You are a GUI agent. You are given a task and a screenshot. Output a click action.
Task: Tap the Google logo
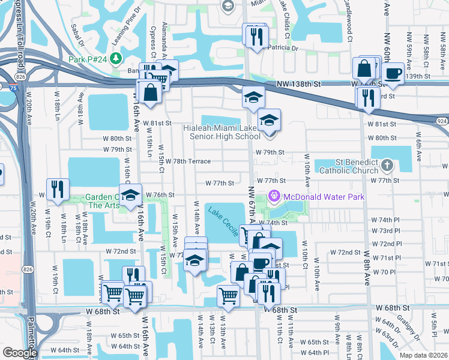20,353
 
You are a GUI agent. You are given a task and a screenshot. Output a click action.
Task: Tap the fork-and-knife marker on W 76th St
58,189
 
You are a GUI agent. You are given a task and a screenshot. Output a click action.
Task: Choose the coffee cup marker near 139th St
393,73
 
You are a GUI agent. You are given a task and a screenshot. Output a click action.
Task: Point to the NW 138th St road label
299,85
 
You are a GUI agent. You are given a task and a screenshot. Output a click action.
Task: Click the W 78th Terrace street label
187,161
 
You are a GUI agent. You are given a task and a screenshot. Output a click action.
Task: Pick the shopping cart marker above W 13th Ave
229,295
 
